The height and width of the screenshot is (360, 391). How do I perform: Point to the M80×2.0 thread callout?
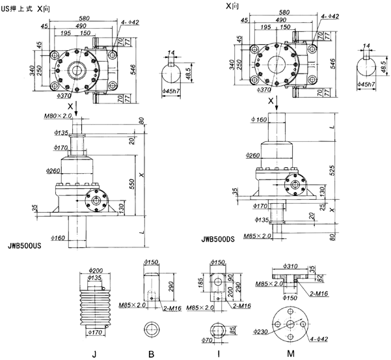[x=59, y=116]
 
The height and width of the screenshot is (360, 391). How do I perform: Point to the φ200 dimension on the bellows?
[x=96, y=270]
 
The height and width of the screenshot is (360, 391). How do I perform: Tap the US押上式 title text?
[x=19, y=5]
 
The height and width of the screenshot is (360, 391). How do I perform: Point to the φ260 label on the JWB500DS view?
[x=254, y=156]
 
